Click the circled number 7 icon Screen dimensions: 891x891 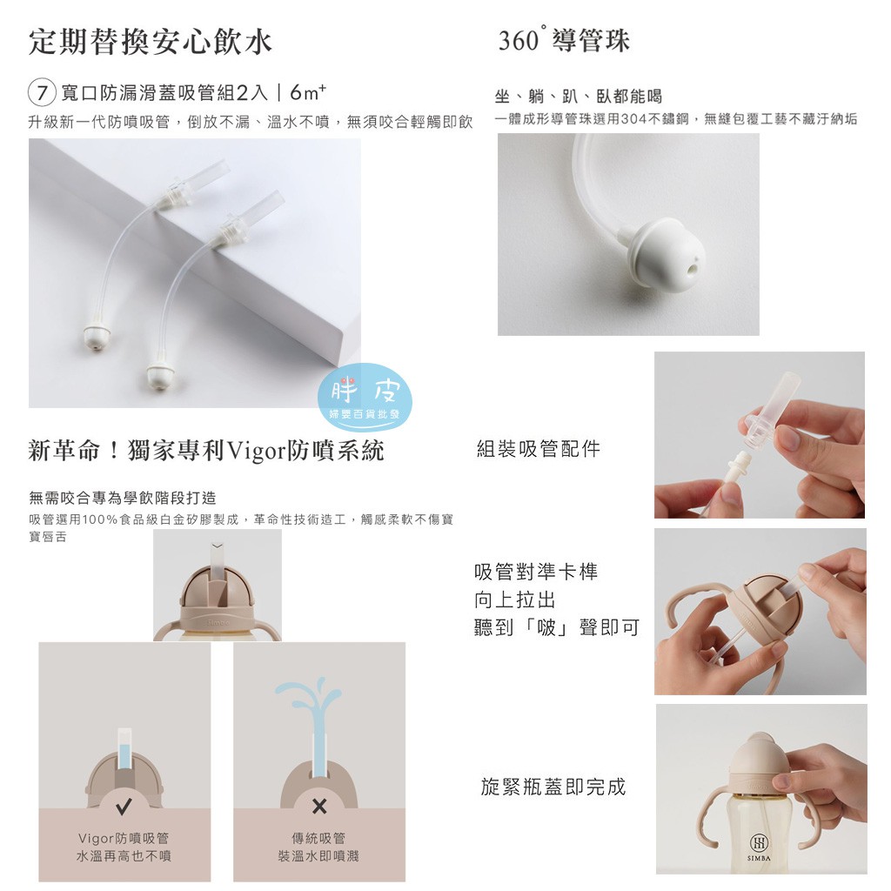click(x=42, y=92)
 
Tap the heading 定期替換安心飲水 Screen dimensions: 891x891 click(x=150, y=43)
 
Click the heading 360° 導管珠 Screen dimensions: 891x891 click(x=564, y=40)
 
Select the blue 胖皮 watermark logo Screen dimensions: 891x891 click(x=365, y=396)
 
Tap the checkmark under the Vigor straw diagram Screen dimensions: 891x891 click(x=124, y=805)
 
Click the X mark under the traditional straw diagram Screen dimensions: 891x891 click(x=319, y=806)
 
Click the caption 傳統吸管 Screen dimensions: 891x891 click(x=318, y=838)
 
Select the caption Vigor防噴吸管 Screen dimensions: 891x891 click(x=124, y=838)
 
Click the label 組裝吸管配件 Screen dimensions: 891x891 click(x=538, y=449)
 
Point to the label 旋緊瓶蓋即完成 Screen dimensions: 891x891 click(x=553, y=787)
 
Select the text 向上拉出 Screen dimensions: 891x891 click(x=515, y=600)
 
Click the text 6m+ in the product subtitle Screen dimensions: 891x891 click(x=308, y=91)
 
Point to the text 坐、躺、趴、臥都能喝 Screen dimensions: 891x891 click(x=579, y=97)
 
